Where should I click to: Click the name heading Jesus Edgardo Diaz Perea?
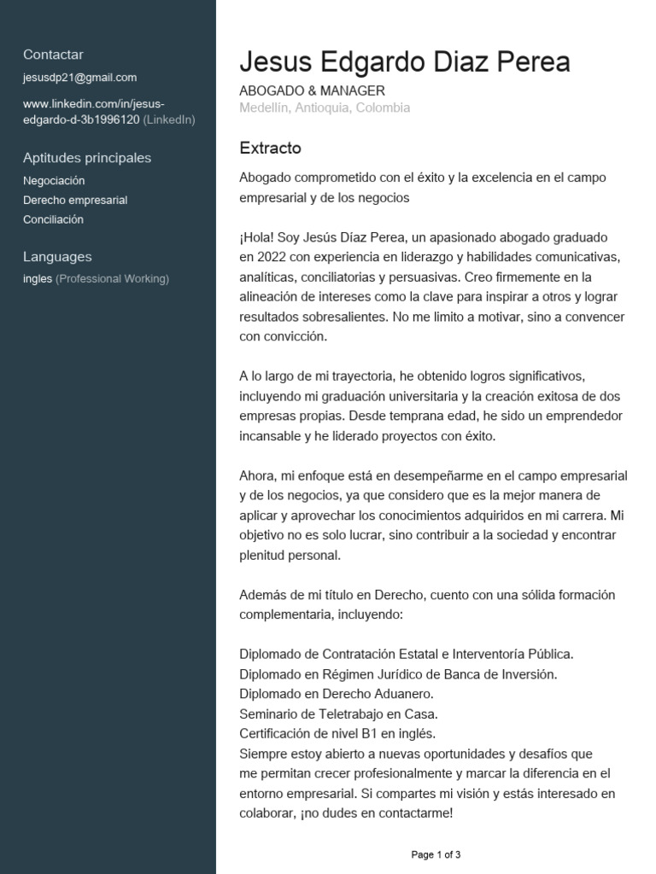point(405,62)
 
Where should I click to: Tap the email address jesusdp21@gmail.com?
point(79,78)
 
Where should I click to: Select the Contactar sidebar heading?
point(53,55)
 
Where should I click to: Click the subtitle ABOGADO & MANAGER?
point(313,90)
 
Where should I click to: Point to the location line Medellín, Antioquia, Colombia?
point(325,108)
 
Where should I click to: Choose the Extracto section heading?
point(271,148)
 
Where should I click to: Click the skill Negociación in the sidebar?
point(54,181)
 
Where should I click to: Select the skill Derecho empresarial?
point(75,201)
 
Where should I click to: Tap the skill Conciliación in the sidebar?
point(53,219)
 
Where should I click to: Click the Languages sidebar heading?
point(57,257)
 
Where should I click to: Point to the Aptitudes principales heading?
point(87,158)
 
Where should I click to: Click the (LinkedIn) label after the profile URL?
point(169,119)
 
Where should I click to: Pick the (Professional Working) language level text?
point(113,279)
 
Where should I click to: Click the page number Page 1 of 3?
point(436,854)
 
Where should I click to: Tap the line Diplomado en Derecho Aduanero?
point(337,694)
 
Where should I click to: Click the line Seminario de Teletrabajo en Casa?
point(338,714)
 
